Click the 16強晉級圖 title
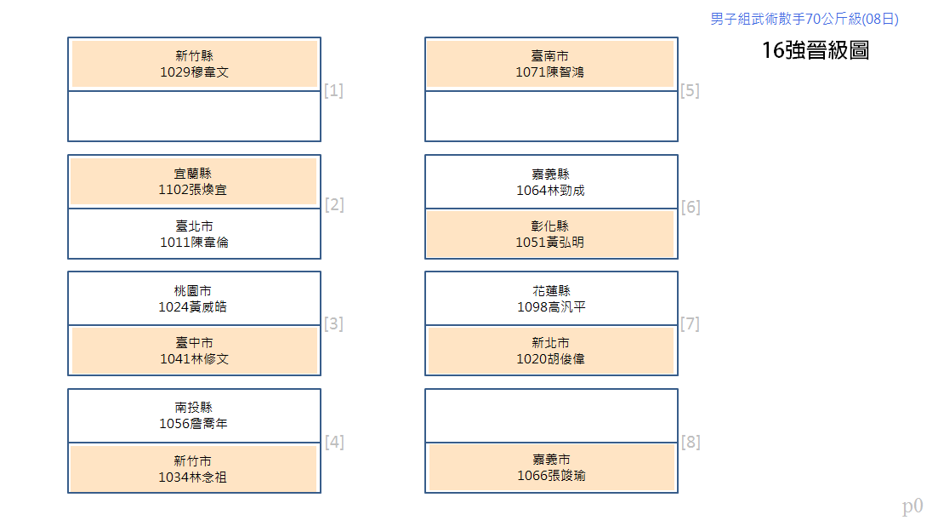point(816,50)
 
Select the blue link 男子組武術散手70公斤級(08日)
point(804,19)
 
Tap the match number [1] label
point(333,90)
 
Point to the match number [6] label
point(691,207)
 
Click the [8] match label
point(691,442)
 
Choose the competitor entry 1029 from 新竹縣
point(195,64)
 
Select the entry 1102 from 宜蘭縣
point(193,181)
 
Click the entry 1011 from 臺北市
point(195,234)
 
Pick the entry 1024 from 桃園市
point(193,299)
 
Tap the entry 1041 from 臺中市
point(195,351)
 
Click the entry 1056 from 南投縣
point(193,415)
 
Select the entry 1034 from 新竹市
point(193,469)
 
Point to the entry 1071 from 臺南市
point(549,64)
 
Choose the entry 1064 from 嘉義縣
point(550,182)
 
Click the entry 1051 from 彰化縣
point(549,234)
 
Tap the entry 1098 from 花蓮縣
point(551,299)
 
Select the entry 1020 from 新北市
point(550,351)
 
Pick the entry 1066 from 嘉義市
point(551,467)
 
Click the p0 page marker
point(912,506)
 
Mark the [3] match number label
point(333,323)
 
